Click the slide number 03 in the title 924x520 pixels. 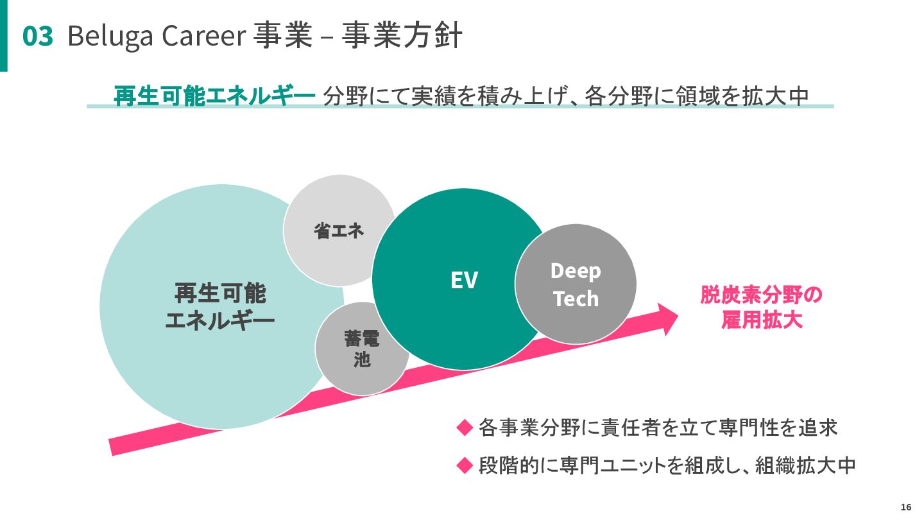38,37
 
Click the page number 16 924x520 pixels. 905,507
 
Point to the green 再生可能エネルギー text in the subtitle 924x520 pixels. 215,96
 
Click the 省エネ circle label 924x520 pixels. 339,230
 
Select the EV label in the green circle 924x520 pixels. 464,280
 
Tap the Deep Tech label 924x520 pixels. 576,284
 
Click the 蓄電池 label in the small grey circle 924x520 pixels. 362,349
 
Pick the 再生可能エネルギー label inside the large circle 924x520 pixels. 220,306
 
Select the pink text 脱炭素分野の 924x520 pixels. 761,295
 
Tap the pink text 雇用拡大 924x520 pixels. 761,320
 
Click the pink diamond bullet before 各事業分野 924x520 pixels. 464,428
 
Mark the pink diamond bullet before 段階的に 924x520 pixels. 464,465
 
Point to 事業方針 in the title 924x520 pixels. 401,37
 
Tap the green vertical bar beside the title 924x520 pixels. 4,35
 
